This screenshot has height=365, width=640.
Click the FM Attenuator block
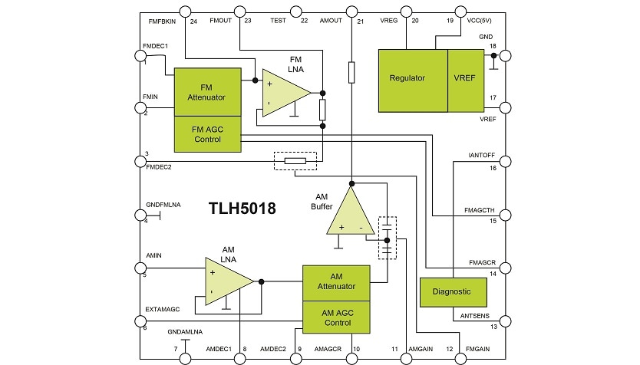pos(206,92)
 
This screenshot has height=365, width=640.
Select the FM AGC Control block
pos(206,135)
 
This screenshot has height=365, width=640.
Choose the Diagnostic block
pos(456,292)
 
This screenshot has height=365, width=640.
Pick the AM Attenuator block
pos(337,281)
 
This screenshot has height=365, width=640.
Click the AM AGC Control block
pos(337,317)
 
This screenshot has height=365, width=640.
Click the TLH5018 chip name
pos(242,208)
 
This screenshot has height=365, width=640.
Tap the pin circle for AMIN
pos(139,268)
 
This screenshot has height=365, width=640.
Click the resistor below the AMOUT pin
pos(351,73)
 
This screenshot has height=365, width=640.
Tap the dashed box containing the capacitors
pos(388,237)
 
